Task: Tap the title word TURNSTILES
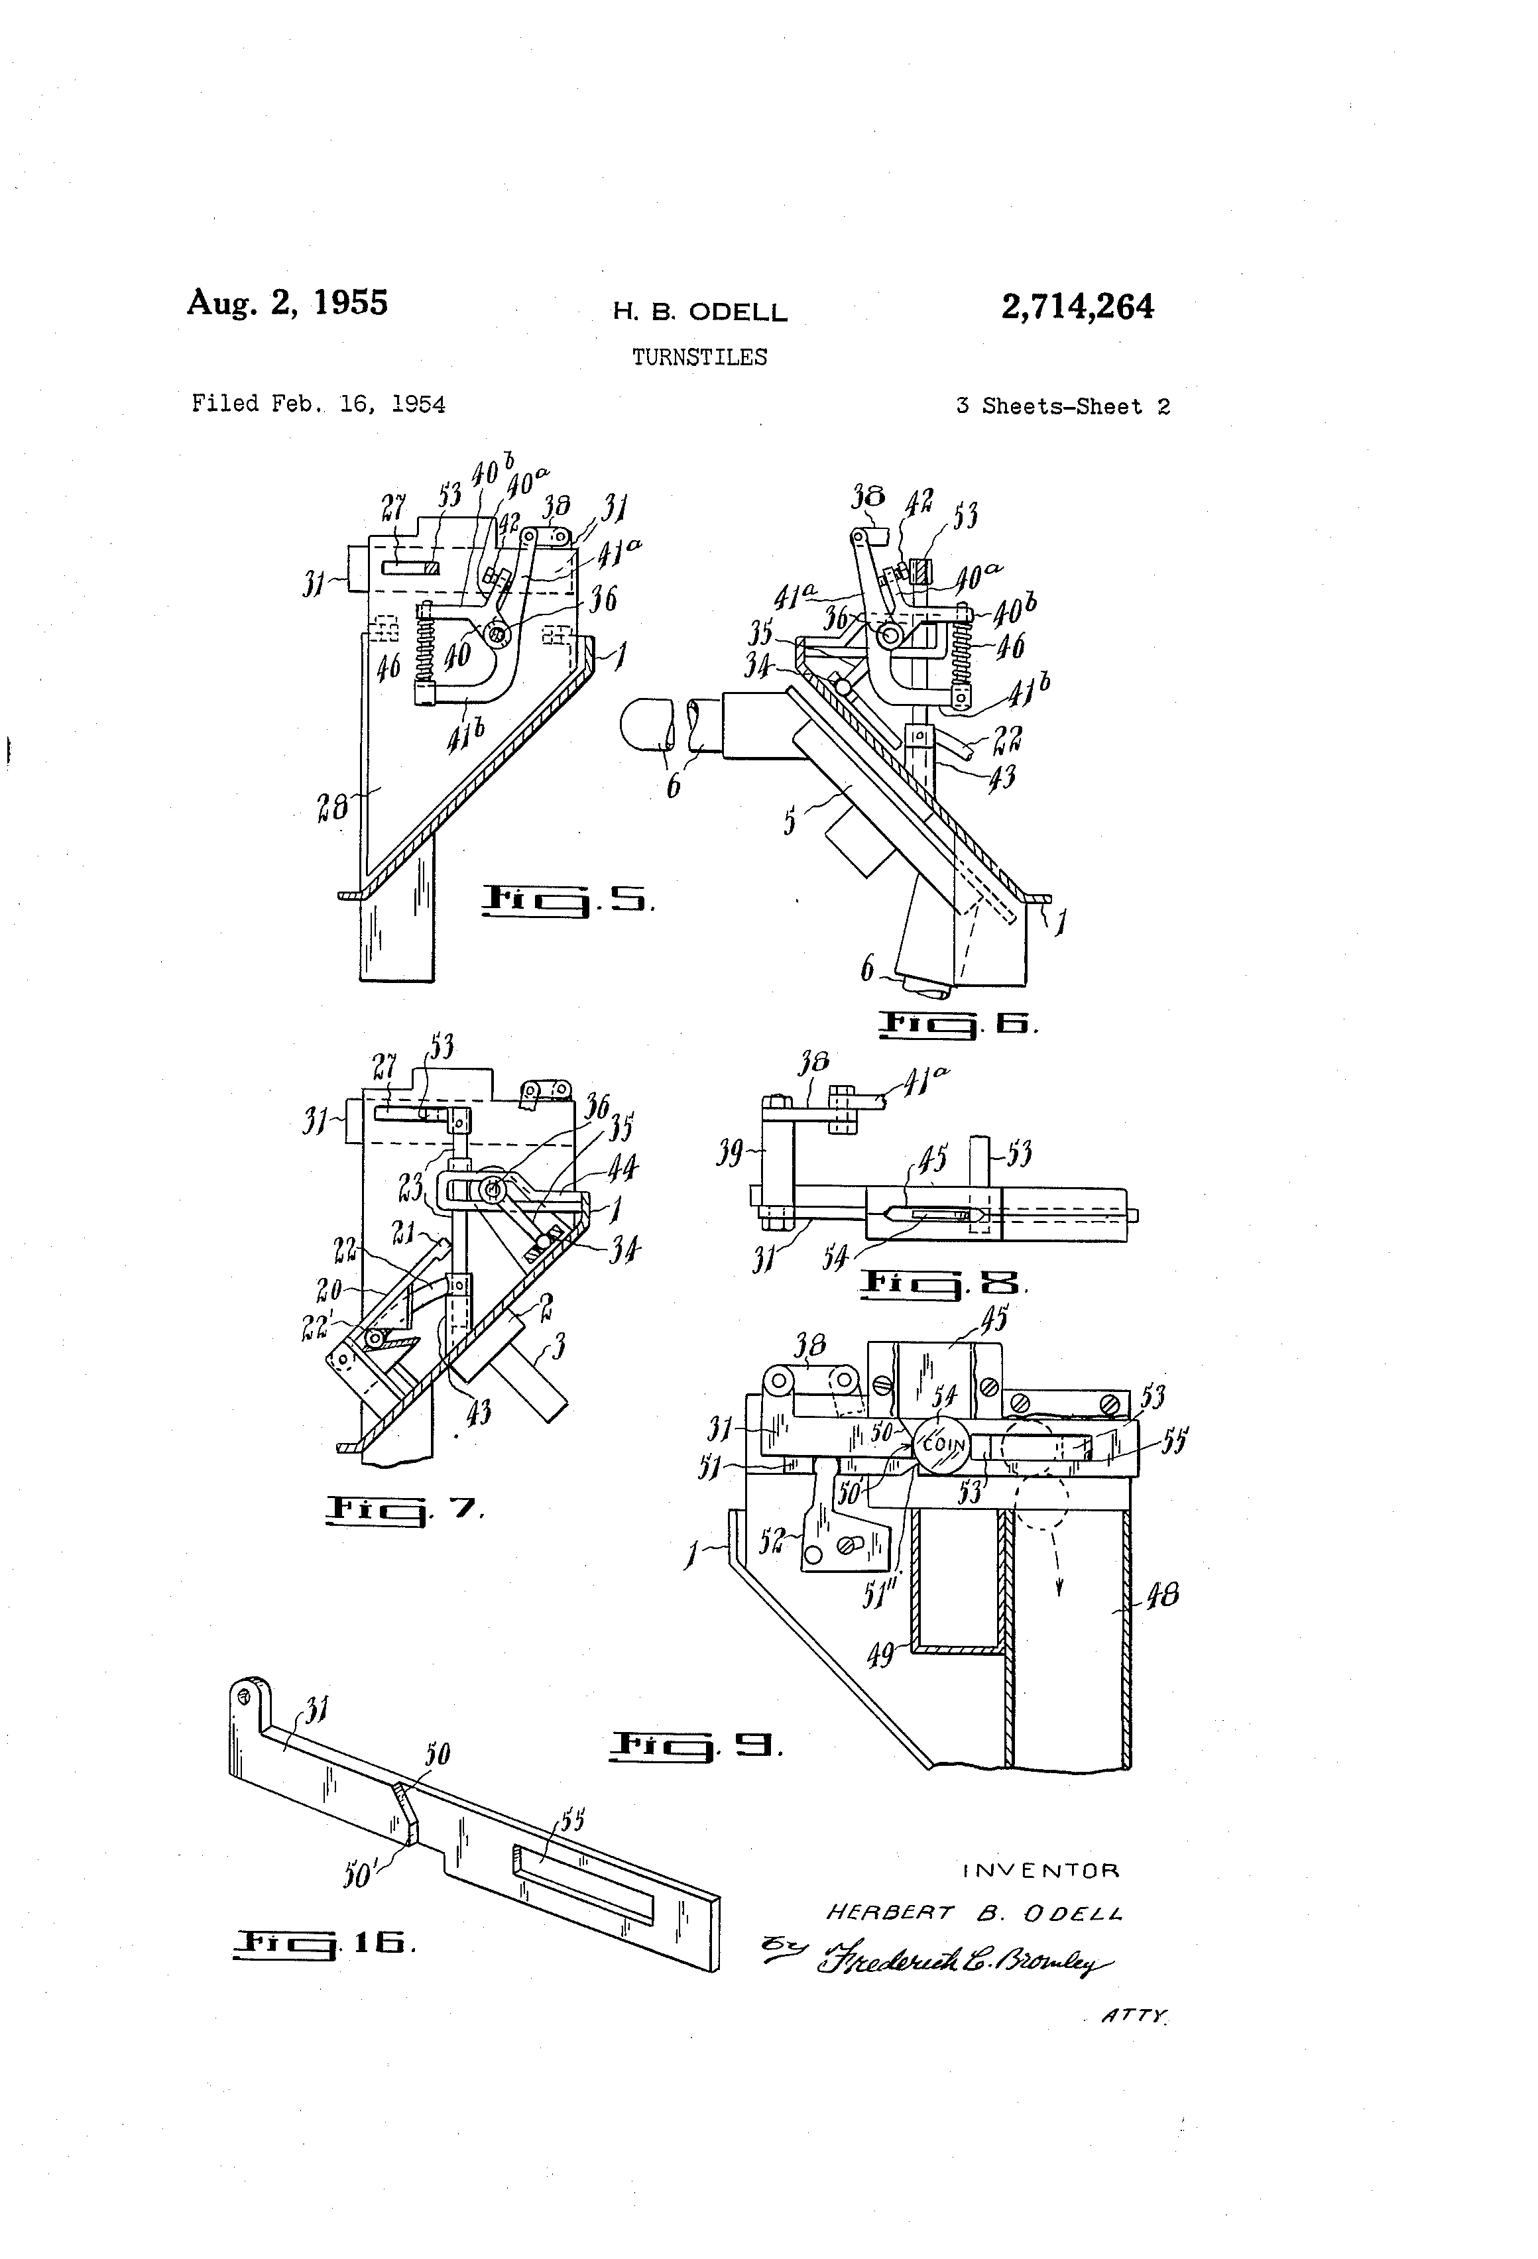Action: [699, 358]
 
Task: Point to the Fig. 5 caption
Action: [567, 900]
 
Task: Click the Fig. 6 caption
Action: [958, 1023]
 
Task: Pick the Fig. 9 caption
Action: [695, 1747]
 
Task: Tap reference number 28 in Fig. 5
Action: [333, 806]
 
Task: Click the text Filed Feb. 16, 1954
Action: [318, 404]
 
